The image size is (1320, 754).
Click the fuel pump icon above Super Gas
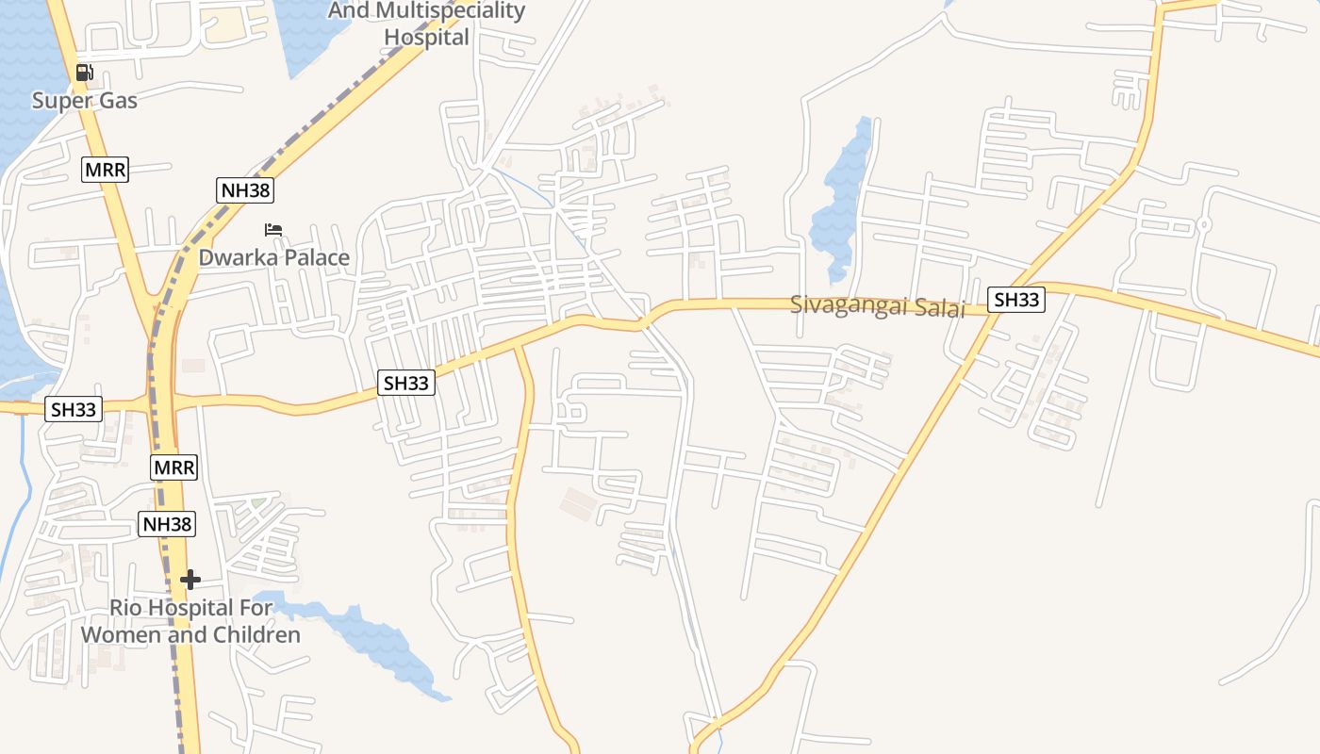point(84,72)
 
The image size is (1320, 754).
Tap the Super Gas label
point(85,100)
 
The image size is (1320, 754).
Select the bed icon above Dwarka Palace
point(273,229)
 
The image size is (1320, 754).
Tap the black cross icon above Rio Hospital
point(190,579)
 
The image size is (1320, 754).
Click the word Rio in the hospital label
point(128,607)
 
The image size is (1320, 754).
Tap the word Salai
point(942,308)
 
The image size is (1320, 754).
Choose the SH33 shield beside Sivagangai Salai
point(1017,300)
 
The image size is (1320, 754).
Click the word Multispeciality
point(450,10)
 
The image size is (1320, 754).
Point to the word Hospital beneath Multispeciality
point(426,38)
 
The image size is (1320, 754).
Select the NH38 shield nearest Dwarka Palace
point(245,190)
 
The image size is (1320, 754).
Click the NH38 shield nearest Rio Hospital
point(167,524)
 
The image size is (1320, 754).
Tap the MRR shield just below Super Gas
point(105,170)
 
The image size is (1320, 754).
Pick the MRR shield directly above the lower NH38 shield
point(173,467)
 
